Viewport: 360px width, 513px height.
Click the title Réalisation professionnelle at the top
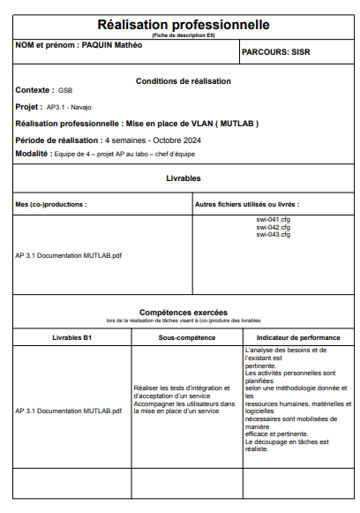click(183, 24)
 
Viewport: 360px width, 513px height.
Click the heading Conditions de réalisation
click(183, 81)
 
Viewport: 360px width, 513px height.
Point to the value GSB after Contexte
click(65, 91)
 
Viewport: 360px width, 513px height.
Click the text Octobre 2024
click(176, 140)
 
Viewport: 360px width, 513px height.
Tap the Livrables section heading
click(183, 178)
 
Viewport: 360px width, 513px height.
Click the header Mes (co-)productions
click(51, 204)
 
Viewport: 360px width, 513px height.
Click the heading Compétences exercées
click(183, 312)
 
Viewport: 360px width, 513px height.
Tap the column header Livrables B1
click(72, 337)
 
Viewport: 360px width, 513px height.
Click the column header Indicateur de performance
click(297, 337)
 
